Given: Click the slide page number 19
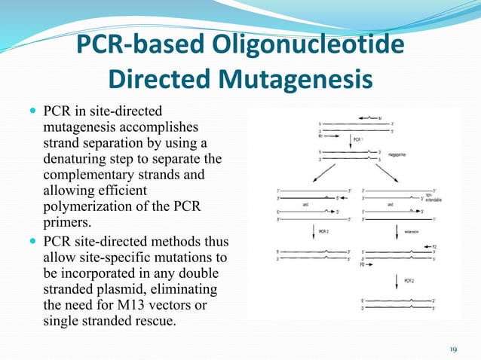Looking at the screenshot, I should click(x=453, y=349).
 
